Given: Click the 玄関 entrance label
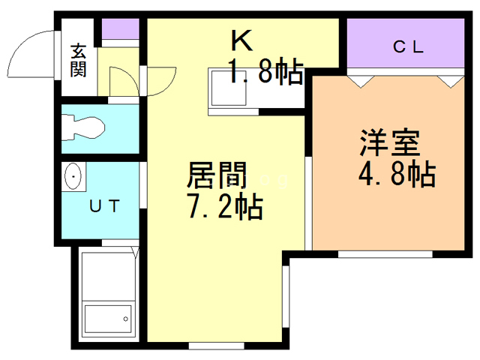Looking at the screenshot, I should click(x=78, y=61).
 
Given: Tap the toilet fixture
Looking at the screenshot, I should click(x=82, y=127).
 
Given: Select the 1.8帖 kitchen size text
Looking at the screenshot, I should click(x=265, y=73).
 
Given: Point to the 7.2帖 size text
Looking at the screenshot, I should click(x=223, y=205).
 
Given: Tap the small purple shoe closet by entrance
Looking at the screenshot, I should click(x=119, y=30).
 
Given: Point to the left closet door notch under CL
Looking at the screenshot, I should click(x=358, y=78).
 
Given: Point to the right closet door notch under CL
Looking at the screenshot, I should click(x=449, y=78).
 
